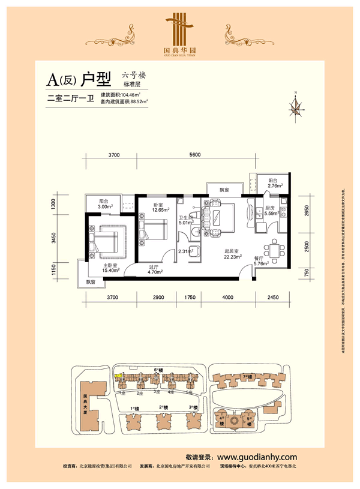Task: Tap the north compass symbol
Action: [295, 108]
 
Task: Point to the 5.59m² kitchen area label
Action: [268, 213]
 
